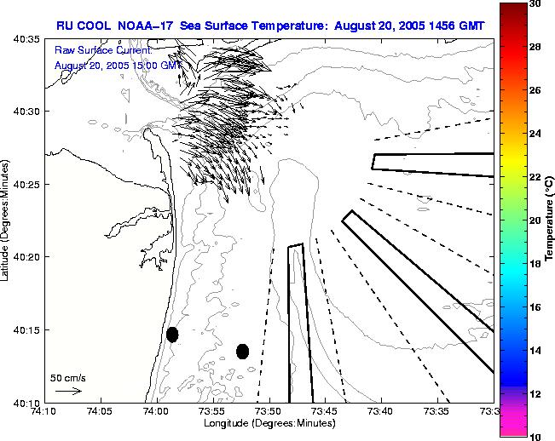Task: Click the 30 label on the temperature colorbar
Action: pyautogui.click(x=535, y=4)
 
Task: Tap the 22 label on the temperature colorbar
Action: pyautogui.click(x=535, y=177)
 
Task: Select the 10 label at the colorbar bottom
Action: pyautogui.click(x=535, y=436)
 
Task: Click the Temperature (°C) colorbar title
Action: pyautogui.click(x=551, y=220)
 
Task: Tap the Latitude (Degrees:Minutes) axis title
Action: pyautogui.click(x=7, y=220)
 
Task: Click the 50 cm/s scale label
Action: pyautogui.click(x=68, y=377)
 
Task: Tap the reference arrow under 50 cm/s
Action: pyautogui.click(x=68, y=391)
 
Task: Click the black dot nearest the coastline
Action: pyautogui.click(x=172, y=335)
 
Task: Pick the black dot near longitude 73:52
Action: pyautogui.click(x=242, y=351)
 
